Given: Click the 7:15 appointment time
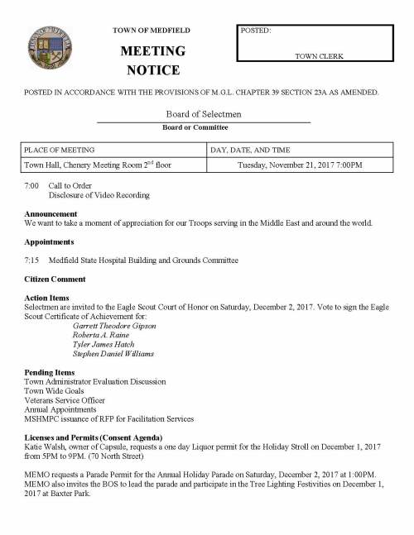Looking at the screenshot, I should (31, 260).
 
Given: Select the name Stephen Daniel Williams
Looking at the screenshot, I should (113, 354).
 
